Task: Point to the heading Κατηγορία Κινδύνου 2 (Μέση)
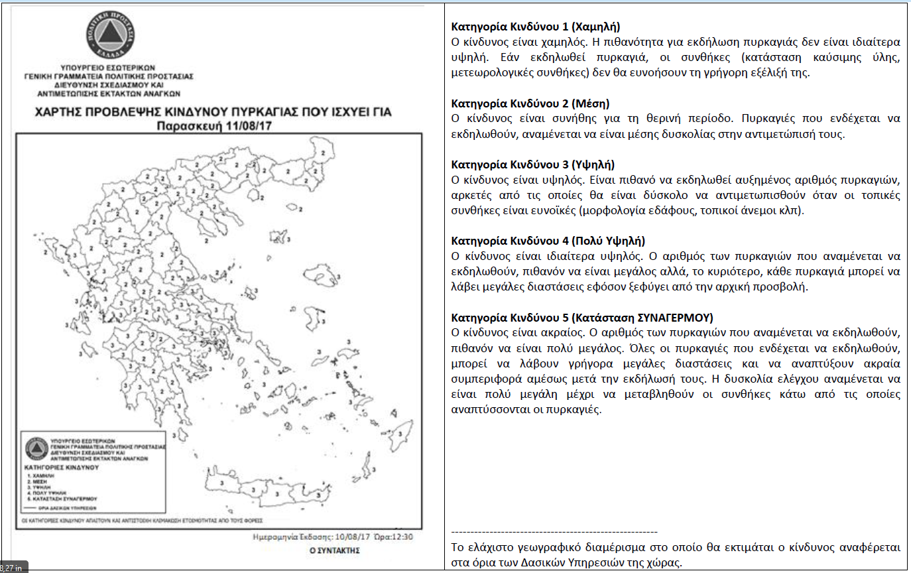[x=530, y=103]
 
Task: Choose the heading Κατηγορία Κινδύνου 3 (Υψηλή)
[x=532, y=164]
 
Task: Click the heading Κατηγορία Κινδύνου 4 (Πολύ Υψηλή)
[x=548, y=241]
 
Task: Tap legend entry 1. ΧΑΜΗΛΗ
[x=44, y=476]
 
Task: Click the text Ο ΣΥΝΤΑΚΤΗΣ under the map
[x=334, y=550]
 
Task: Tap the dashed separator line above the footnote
[x=554, y=532]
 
